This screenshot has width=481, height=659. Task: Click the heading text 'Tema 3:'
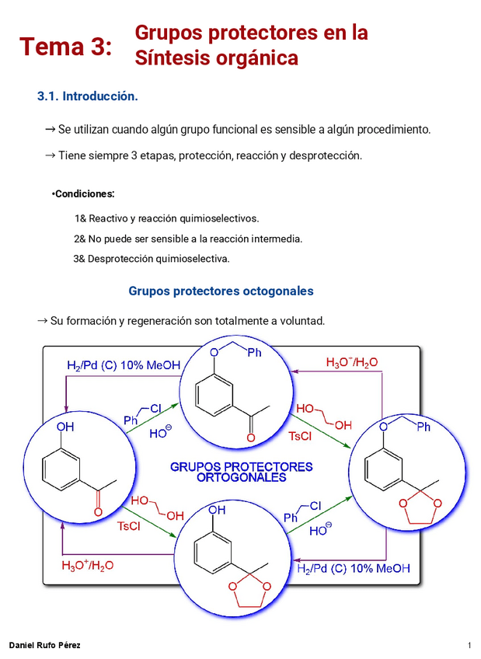click(x=66, y=47)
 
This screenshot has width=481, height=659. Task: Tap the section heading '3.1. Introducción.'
click(x=88, y=97)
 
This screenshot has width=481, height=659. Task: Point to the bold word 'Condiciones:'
click(x=85, y=194)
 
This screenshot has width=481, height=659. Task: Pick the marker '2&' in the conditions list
click(x=79, y=239)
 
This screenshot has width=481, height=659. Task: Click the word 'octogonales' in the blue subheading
click(x=278, y=291)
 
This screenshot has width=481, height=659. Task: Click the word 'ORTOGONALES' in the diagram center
click(x=241, y=479)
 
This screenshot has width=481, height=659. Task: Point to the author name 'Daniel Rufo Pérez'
click(x=44, y=646)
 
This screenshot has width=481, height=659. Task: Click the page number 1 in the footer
click(x=469, y=646)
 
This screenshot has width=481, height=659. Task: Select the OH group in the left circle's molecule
click(x=65, y=427)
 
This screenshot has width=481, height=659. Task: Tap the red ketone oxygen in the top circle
click(x=250, y=438)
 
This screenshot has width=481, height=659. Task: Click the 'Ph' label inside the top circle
click(x=253, y=353)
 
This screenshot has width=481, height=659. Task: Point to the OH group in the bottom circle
click(x=218, y=510)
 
